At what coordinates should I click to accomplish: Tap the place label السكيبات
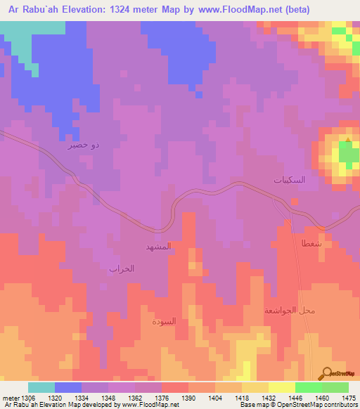(x=289, y=180)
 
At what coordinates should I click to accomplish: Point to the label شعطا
(x=313, y=242)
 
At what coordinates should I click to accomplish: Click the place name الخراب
(x=121, y=268)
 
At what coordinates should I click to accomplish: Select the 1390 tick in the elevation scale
(x=188, y=397)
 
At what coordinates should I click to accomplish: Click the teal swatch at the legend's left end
(x=41, y=387)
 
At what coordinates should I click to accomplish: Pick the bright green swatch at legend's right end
(x=335, y=387)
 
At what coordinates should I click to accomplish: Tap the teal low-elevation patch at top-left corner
(x=21, y=42)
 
